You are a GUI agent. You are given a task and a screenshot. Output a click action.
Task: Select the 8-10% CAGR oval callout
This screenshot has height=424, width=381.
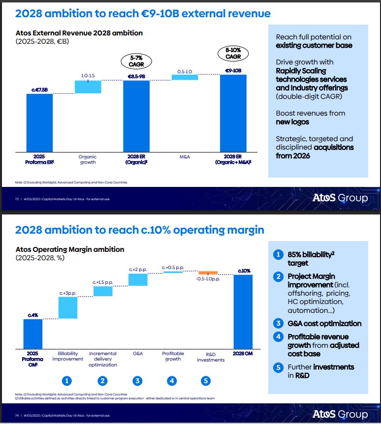tap(233, 53)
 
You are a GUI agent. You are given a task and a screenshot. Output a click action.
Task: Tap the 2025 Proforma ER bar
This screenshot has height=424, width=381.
tap(39, 122)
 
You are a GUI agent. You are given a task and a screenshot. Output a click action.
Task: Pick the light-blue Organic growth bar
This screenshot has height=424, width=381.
tap(88, 87)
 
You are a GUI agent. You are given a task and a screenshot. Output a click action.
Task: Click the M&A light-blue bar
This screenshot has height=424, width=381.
tap(185, 77)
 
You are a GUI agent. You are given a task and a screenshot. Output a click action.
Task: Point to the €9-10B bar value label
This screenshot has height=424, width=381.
tap(233, 71)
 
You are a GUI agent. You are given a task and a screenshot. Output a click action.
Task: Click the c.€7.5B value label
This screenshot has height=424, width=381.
tap(39, 90)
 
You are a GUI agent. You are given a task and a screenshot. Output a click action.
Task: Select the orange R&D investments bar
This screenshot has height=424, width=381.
tap(208, 273)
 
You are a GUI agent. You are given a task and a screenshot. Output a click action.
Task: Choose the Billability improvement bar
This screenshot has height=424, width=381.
tap(68, 307)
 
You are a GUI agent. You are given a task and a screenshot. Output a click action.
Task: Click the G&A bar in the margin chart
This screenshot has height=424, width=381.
tap(138, 279)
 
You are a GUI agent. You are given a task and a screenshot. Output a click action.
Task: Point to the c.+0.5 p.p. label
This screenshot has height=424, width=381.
tap(173, 268)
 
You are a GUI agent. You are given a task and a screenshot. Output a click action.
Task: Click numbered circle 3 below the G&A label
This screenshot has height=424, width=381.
tap(138, 380)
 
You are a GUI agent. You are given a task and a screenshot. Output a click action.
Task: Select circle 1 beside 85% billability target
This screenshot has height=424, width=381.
tap(278, 254)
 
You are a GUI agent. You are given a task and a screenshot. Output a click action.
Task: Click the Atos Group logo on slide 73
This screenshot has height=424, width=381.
tap(340, 198)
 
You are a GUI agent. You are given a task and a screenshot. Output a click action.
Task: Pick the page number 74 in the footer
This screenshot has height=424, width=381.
tap(17, 416)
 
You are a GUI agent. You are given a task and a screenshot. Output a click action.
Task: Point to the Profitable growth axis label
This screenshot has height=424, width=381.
tap(173, 357)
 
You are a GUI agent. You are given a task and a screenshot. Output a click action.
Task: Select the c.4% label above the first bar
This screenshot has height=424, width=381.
tap(33, 315)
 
